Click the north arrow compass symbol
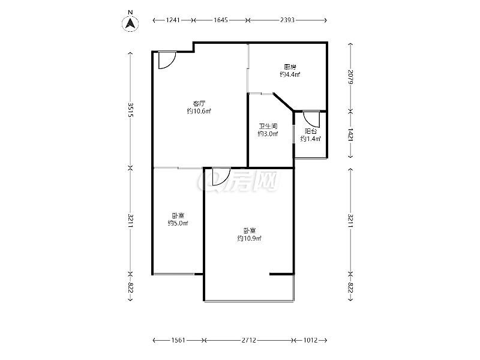pyautogui.click(x=130, y=23)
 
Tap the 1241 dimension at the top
pyautogui.click(x=173, y=20)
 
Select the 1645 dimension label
pyautogui.click(x=221, y=20)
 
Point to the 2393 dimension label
pyautogui.click(x=287, y=20)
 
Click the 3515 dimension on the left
pyautogui.click(x=131, y=110)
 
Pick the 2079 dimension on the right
pyautogui.click(x=351, y=77)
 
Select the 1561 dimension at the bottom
pyautogui.click(x=178, y=340)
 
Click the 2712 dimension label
pyautogui.click(x=248, y=340)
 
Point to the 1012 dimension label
pyautogui.click(x=310, y=340)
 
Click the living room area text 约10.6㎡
pyautogui.click(x=199, y=111)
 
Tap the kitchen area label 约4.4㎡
pyautogui.click(x=290, y=74)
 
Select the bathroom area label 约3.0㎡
pyautogui.click(x=268, y=134)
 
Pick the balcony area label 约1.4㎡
pyautogui.click(x=310, y=139)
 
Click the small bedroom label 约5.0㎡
pyautogui.click(x=178, y=223)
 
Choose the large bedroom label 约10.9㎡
pyautogui.click(x=250, y=238)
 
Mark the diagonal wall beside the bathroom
pyautogui.click(x=283, y=101)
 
